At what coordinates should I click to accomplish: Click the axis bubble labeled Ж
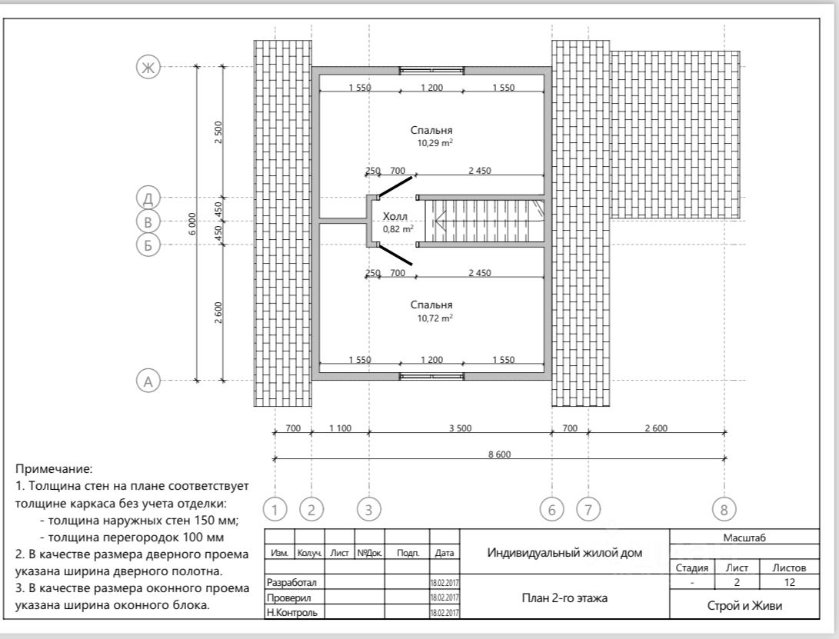pyautogui.click(x=146, y=67)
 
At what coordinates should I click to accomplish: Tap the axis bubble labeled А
pyautogui.click(x=147, y=380)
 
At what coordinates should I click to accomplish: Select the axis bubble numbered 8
pyautogui.click(x=724, y=508)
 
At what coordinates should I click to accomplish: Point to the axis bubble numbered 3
pyautogui.click(x=368, y=508)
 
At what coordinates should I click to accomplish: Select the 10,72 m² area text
pyautogui.click(x=434, y=318)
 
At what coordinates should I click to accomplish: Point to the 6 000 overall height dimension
pyautogui.click(x=193, y=223)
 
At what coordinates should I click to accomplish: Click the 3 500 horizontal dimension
pyautogui.click(x=460, y=428)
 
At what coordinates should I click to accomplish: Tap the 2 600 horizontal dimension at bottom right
pyautogui.click(x=655, y=428)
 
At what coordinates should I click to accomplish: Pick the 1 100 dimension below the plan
pyautogui.click(x=340, y=428)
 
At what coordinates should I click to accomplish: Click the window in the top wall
pyautogui.click(x=431, y=70)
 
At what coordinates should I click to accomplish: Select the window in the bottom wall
pyautogui.click(x=431, y=376)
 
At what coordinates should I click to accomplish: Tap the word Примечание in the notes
pyautogui.click(x=54, y=468)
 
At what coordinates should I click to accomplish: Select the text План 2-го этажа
pyautogui.click(x=564, y=597)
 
